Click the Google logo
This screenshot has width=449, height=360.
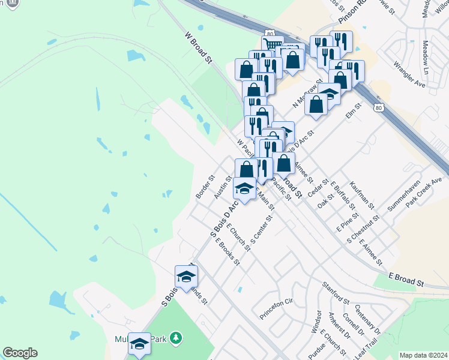click(20, 353)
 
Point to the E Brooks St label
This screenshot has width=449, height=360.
click(228, 253)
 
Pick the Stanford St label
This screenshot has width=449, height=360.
click(336, 292)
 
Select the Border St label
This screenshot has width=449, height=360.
click(205, 187)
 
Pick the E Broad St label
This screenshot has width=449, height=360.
click(406, 279)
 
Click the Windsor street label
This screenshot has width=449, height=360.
click(315, 322)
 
